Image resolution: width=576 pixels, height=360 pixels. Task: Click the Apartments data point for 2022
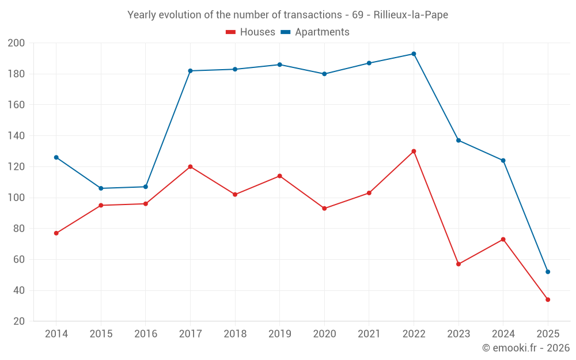(x=414, y=54)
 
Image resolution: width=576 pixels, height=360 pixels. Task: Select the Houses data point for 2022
(x=414, y=151)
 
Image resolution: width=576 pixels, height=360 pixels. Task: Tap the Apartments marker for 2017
(x=190, y=71)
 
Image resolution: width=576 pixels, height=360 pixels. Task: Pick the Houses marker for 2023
(x=458, y=264)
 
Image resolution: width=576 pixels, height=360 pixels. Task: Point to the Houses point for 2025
(x=548, y=300)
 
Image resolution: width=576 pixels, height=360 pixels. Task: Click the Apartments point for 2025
(x=548, y=272)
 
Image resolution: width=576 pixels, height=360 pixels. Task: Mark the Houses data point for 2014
(x=56, y=233)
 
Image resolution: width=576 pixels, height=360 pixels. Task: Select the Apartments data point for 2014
(x=56, y=157)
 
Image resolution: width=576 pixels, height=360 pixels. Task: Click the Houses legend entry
(x=251, y=32)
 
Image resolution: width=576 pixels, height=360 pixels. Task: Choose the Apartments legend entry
(x=315, y=32)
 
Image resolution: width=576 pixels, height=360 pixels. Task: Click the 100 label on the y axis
(x=16, y=198)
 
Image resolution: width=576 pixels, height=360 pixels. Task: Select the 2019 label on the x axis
(x=279, y=334)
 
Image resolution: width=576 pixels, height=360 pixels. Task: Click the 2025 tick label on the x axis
(x=548, y=334)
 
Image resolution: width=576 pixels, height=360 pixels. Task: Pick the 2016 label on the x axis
(x=146, y=334)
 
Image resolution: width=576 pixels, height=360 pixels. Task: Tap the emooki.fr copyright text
(x=526, y=348)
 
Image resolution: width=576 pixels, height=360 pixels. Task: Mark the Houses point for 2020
(x=324, y=209)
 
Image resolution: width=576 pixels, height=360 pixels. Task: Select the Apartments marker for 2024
(x=503, y=161)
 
